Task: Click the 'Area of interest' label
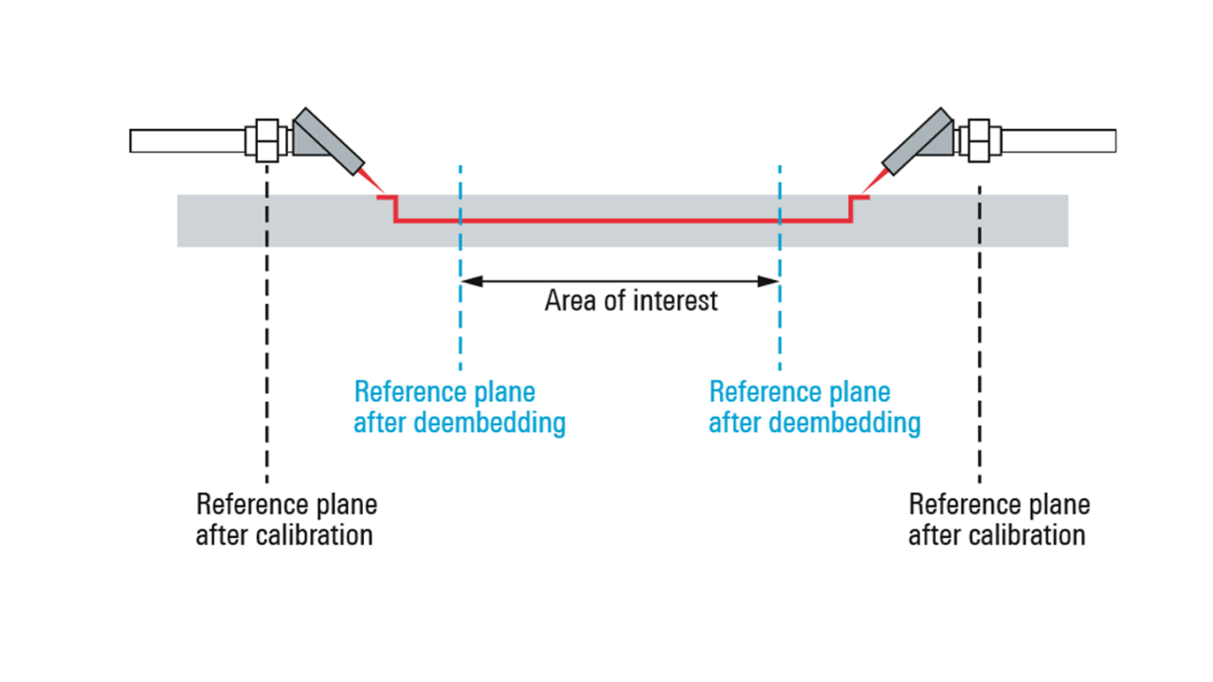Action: [x=631, y=301]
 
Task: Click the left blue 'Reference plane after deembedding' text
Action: [x=459, y=407]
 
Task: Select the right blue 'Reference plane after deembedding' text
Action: [x=814, y=407]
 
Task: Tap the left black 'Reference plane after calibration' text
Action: [x=285, y=519]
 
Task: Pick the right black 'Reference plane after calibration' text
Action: [x=998, y=519]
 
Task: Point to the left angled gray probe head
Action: [x=328, y=142]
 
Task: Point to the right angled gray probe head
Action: [x=917, y=142]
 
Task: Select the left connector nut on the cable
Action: [x=267, y=140]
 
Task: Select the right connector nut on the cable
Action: [x=978, y=140]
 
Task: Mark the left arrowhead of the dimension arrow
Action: [x=467, y=280]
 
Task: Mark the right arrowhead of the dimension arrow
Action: [x=772, y=280]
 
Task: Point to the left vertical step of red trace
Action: [x=395, y=208]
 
